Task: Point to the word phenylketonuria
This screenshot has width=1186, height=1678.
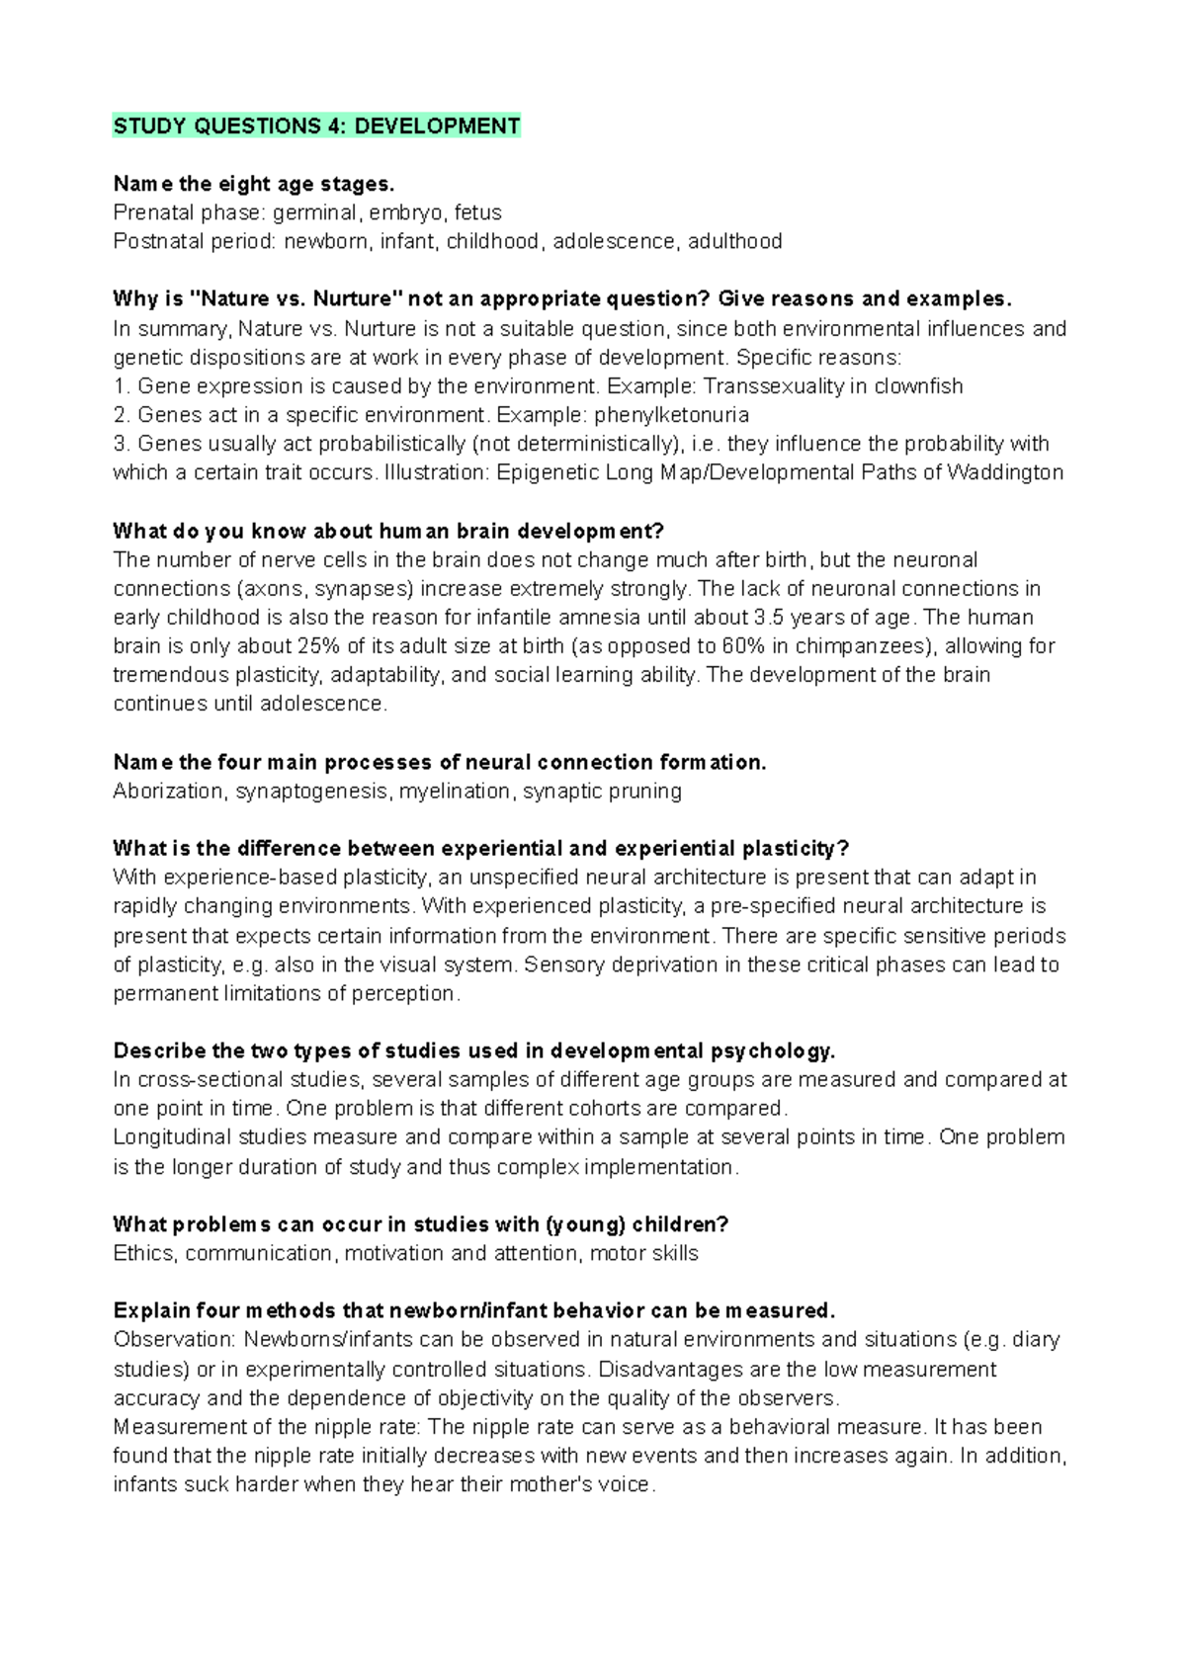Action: [x=671, y=415]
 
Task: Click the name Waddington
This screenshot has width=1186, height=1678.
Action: [x=1004, y=472]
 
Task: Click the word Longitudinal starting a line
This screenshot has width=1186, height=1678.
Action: [x=172, y=1137]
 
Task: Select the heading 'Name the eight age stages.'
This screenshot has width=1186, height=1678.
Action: [x=254, y=184]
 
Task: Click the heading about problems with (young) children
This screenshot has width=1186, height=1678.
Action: [x=420, y=1224]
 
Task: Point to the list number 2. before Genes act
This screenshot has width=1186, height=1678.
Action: [x=122, y=415]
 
